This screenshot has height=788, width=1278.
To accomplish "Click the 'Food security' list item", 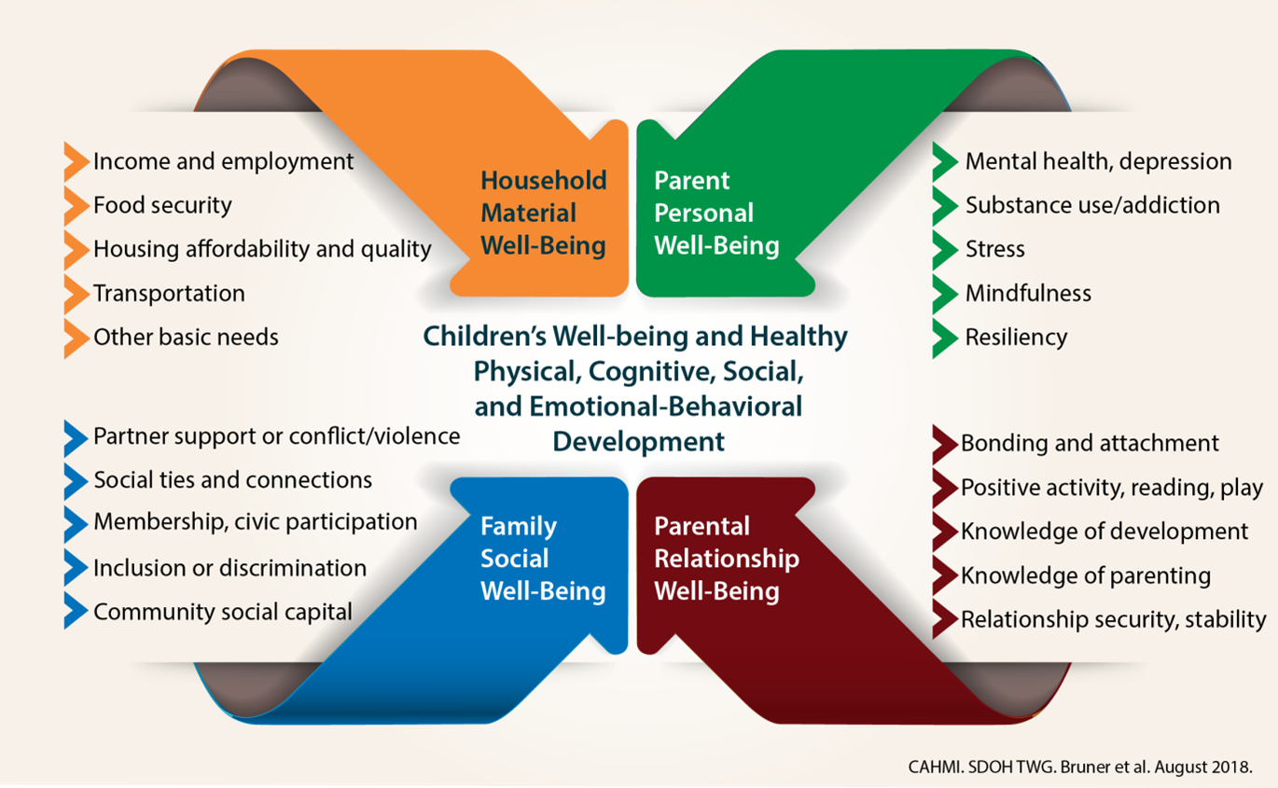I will point(162,205).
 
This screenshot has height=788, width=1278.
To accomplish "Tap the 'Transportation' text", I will point(169,294).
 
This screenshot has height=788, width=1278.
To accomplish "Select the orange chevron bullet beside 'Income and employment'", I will point(75,162).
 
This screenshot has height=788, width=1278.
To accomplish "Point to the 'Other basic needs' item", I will point(186,337).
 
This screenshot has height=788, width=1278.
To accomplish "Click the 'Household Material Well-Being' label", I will point(543,214).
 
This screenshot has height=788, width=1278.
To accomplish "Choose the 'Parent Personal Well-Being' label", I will point(716,214).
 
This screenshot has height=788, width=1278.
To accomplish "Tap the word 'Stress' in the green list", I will point(994,250).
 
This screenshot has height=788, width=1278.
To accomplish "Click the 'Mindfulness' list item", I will point(1027,294).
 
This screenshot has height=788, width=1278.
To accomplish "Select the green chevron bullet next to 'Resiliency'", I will point(944,338).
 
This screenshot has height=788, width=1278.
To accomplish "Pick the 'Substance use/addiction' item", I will point(1091,205).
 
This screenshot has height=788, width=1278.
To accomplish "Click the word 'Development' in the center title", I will point(639,441).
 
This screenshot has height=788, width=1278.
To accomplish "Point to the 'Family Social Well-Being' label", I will point(543,559).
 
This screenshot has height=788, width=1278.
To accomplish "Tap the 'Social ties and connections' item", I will point(232,480).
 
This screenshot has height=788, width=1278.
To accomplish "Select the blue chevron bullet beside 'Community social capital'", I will point(75,613).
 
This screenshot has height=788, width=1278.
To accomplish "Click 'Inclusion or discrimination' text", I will point(229,568).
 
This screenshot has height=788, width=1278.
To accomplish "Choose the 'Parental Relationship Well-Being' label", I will point(726,559).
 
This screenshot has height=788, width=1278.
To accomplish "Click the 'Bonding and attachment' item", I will point(1090,443).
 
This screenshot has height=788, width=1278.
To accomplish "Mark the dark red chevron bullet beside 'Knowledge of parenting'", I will point(944,575).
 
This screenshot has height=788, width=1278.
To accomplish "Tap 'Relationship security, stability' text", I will point(1113,619).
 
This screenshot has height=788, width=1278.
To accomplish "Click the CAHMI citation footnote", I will point(1078,767).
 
